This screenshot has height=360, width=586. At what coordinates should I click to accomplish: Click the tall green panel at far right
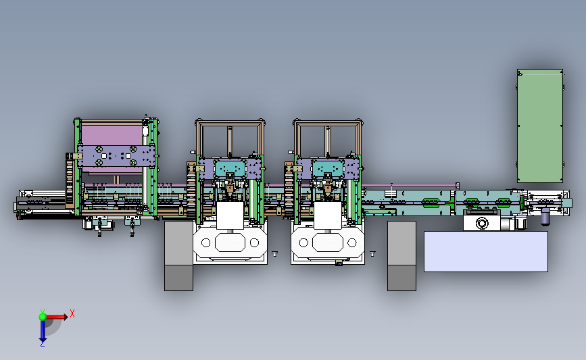click(540, 126)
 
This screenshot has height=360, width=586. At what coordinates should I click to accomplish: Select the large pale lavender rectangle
click(486, 252)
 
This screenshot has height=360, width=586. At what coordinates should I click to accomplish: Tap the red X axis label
click(72, 313)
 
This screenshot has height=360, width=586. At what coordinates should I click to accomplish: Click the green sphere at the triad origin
click(43, 317)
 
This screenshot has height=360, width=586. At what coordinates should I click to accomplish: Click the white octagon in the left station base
click(230, 242)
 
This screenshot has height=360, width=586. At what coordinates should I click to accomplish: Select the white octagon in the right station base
click(328, 242)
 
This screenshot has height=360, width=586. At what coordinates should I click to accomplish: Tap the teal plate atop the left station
click(230, 168)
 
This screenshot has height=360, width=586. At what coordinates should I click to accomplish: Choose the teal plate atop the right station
click(328, 168)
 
